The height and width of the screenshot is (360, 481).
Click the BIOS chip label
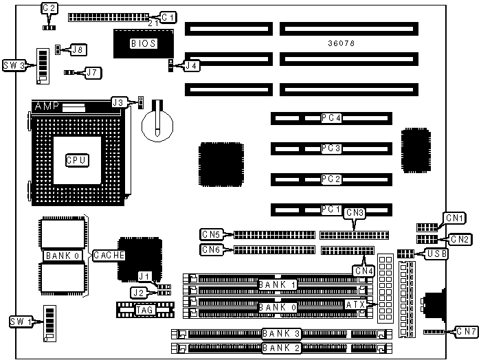click(144, 43)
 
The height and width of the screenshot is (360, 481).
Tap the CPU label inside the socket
click(76, 159)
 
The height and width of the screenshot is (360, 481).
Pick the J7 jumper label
click(93, 71)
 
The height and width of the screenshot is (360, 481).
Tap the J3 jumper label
click(120, 102)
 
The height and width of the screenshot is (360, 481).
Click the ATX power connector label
click(355, 304)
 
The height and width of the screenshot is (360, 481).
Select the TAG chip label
click(144, 311)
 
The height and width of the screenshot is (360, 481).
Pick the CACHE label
click(108, 255)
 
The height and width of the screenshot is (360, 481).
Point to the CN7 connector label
click(465, 333)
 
